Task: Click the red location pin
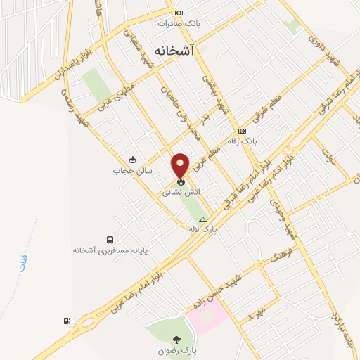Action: [181, 165]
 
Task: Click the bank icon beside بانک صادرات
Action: [179, 12]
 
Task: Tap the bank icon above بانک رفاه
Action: [243, 131]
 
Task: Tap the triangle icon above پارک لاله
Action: [202, 219]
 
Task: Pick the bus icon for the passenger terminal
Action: [108, 240]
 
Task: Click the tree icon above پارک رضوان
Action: [176, 340]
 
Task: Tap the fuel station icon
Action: [67, 321]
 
